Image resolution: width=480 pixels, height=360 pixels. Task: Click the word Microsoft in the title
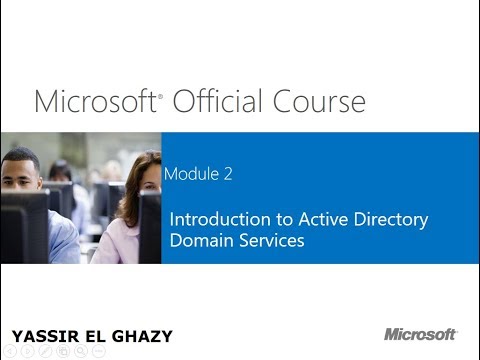(95, 101)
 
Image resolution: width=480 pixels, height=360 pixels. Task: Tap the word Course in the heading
(319, 101)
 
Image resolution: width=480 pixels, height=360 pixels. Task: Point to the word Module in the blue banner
(195, 174)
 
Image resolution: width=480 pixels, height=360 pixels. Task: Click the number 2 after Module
(229, 174)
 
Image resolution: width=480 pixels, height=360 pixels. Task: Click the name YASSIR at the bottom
(41, 335)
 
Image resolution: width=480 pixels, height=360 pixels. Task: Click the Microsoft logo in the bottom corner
(420, 334)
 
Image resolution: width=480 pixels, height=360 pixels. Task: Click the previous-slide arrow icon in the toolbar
(8, 351)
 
